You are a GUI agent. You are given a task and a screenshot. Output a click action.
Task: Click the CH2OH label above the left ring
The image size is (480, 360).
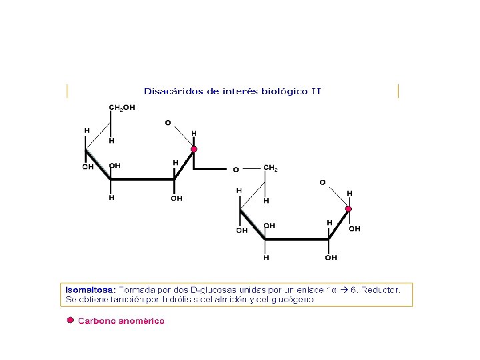[x=122, y=107]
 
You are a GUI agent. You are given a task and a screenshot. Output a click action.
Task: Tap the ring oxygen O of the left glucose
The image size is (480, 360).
[x=168, y=123]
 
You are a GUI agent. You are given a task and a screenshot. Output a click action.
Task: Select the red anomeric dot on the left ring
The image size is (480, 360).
[x=194, y=149]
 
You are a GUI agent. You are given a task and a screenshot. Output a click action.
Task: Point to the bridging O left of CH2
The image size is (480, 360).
[x=235, y=169]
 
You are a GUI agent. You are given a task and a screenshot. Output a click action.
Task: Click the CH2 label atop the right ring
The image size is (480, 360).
[x=271, y=168]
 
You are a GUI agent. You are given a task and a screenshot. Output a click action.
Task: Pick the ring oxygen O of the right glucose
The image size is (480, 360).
[x=322, y=182]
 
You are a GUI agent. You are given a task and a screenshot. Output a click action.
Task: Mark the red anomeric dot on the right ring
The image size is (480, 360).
[x=348, y=209]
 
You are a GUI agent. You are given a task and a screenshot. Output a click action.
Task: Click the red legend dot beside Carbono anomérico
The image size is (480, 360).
[x=69, y=321]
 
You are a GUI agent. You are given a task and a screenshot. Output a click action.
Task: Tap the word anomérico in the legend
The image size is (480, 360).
[x=141, y=321]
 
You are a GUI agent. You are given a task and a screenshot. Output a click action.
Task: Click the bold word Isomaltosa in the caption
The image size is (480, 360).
[x=91, y=290]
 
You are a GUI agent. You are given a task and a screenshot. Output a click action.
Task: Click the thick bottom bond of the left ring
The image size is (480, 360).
[x=142, y=179]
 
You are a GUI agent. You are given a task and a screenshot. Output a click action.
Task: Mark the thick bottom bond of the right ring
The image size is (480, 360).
[x=297, y=239]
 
